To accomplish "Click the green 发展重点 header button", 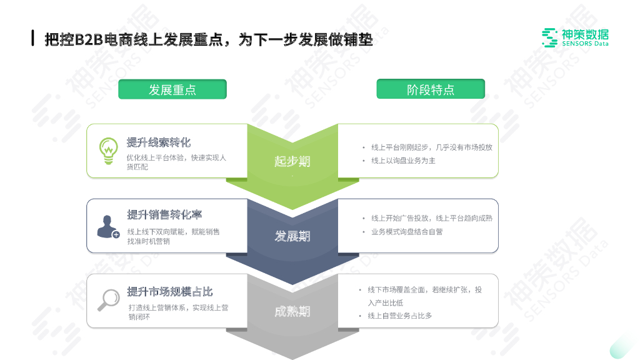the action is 172,89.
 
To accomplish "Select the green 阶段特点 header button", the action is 431,89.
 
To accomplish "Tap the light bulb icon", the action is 109,151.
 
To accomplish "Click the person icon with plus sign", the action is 107,226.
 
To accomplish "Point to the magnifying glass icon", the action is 108,300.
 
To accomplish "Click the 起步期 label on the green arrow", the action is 292,161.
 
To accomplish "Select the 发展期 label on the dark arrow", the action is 292,236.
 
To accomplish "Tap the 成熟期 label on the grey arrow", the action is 292,311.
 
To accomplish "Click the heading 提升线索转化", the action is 159,142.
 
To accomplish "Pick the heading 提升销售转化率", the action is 164,215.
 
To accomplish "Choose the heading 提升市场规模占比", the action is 170,292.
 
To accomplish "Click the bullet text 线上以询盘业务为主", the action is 403,161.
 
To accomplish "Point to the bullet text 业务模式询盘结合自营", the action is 407,231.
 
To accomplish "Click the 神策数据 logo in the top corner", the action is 575,37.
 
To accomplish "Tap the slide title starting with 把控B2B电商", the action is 209,40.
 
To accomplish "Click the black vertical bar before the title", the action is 32,38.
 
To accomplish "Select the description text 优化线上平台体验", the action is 176,162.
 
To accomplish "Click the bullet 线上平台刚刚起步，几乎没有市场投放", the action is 431,147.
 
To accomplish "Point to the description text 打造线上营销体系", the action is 178,312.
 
